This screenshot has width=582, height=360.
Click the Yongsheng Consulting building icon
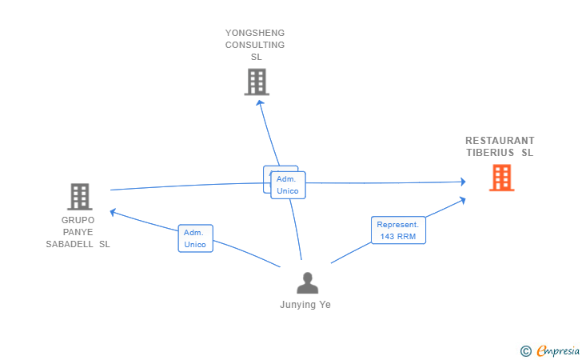point(257,82)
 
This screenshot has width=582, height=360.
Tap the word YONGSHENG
point(255,33)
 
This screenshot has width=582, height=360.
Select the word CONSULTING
point(255,45)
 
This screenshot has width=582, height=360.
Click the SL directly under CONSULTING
point(256,57)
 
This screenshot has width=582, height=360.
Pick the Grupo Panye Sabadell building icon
point(79,196)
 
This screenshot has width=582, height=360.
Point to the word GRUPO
point(78,220)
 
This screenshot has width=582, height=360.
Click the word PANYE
point(78,232)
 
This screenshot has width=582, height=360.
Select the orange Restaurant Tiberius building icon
point(501,178)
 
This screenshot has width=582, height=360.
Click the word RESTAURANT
point(500,141)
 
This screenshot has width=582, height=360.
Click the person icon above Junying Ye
point(307,283)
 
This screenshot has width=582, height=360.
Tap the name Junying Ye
point(305,305)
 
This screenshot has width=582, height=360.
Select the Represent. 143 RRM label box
point(398,230)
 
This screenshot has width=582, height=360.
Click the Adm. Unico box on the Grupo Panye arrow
point(195,238)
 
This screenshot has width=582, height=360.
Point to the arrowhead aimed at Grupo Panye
point(113,212)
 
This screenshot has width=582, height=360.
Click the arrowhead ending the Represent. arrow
point(463,200)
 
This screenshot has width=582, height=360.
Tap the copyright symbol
point(525,350)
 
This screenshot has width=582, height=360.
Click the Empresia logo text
point(556,350)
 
